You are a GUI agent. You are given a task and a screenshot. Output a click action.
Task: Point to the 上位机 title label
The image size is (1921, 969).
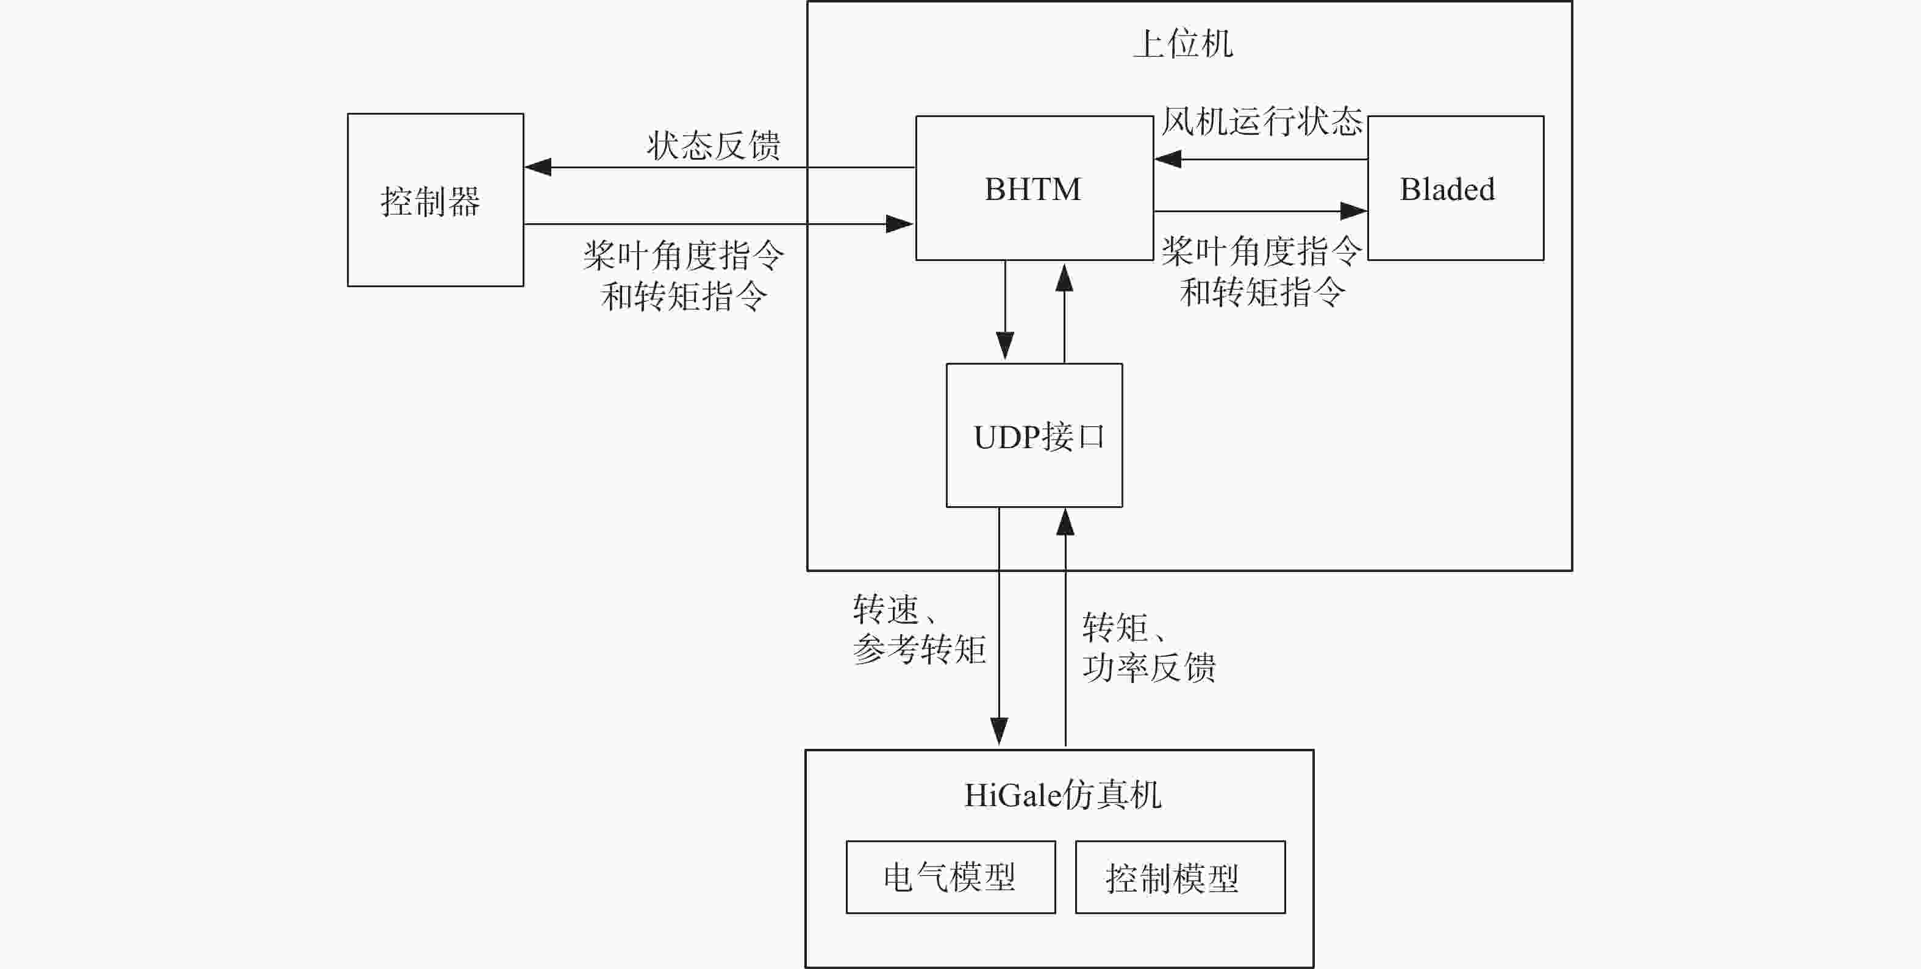pos(1182,43)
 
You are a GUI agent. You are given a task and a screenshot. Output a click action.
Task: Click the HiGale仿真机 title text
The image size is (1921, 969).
pos(1063,795)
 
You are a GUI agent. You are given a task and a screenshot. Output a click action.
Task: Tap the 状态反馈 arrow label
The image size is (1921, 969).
pos(714,146)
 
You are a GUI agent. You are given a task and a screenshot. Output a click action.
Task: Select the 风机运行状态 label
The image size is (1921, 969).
pos(1262,121)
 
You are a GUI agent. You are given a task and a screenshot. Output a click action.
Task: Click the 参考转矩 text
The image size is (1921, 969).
pos(920,649)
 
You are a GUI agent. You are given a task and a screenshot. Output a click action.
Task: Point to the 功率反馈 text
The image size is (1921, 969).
pos(1149,667)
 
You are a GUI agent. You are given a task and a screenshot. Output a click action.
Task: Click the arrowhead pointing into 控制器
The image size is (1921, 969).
pos(538,167)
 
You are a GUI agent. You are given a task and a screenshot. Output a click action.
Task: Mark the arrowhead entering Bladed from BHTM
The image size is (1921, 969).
pos(1353,211)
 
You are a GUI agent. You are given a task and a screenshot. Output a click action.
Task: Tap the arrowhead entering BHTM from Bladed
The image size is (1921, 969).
pos(1168,159)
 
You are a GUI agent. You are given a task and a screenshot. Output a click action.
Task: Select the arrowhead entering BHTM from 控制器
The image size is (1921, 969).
pos(900,224)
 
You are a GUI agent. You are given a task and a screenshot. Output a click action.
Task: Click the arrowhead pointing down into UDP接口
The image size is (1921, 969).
pos(1005,347)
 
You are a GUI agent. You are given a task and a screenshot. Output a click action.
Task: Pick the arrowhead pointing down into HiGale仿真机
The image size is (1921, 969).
pos(1000,732)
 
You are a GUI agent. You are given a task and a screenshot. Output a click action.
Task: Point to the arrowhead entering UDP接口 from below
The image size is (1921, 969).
pos(1065,522)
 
